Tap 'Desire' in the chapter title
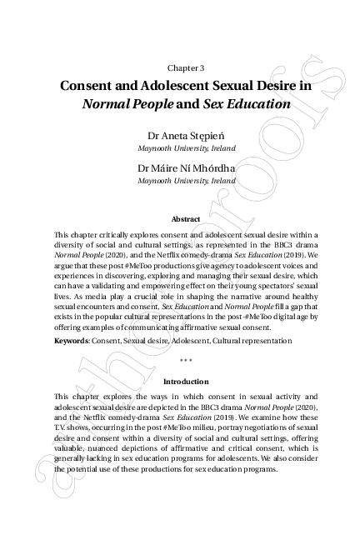[x=276, y=86]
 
